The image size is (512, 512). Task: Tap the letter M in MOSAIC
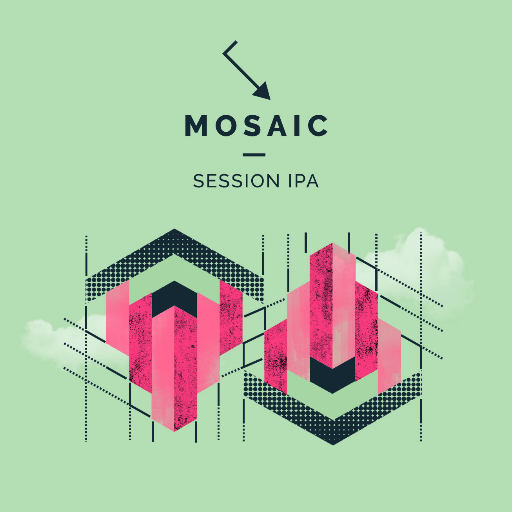[x=196, y=126]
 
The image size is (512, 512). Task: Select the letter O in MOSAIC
[x=226, y=126]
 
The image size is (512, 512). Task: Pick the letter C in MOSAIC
[x=318, y=126]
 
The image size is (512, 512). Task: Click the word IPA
[x=303, y=181]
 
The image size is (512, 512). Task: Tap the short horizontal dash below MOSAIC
[x=254, y=155]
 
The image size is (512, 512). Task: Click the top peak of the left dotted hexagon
[x=174, y=229]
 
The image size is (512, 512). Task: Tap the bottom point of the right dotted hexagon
[x=333, y=444]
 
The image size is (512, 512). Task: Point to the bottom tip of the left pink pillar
[x=174, y=431]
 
